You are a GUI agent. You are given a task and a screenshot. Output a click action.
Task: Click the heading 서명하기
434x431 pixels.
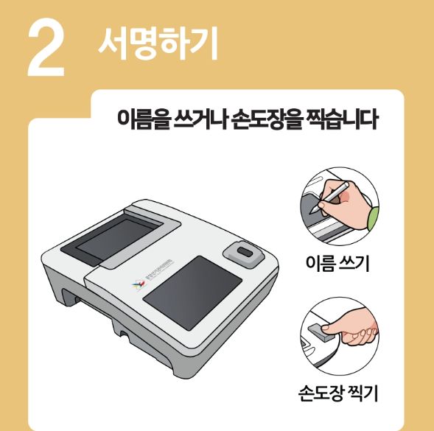pos(158,45)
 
